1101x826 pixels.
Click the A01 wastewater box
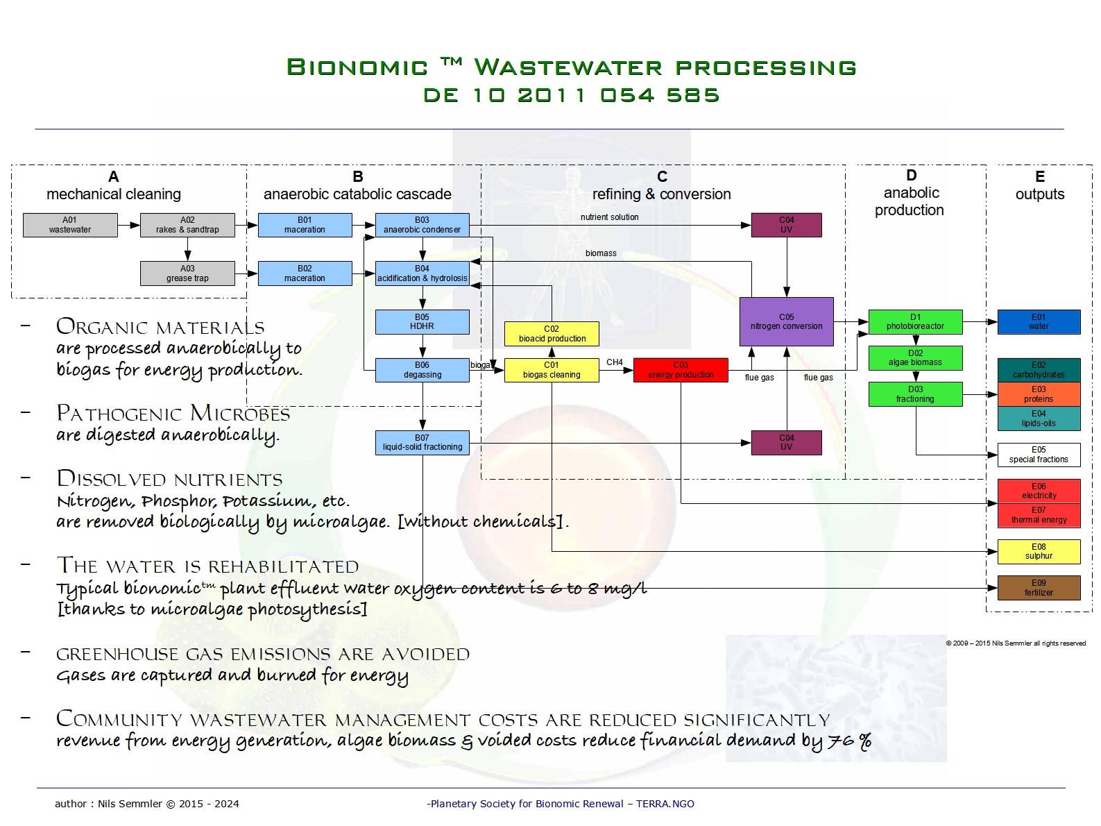pos(70,225)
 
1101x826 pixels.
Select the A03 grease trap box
pos(187,273)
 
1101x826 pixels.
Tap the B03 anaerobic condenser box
pos(422,225)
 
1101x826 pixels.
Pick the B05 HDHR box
pos(422,322)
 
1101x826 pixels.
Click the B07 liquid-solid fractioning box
pos(422,443)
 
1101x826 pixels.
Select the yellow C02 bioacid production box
pos(552,334)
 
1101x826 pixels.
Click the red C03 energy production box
pos(681,370)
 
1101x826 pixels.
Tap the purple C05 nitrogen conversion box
pos(786,321)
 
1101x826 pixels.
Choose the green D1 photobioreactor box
pos(915,321)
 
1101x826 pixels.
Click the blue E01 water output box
pos(1039,321)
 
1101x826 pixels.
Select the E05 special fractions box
pos(1039,455)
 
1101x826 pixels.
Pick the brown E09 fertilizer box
pos(1039,588)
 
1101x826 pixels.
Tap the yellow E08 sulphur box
pos(1039,552)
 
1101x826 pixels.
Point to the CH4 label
pos(615,362)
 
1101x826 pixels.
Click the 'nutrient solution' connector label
pos(609,217)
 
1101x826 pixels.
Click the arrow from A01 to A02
pos(128,225)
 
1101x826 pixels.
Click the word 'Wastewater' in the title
pos(567,67)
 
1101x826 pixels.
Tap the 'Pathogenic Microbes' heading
pos(173,414)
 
